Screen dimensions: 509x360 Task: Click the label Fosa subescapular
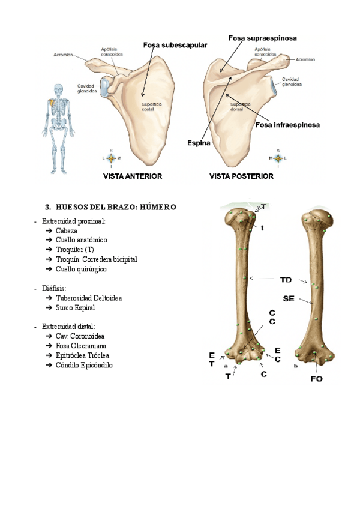coord(175,44)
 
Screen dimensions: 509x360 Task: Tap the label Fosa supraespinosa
coord(262,37)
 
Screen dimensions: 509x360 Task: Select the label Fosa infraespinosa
coord(287,125)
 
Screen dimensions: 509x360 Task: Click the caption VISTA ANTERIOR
coord(133,176)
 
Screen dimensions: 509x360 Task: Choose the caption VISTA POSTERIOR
coord(241,176)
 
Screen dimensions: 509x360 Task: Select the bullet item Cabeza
coord(66,230)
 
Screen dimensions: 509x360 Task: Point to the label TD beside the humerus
coord(286,279)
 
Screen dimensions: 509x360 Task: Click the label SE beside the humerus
coord(289,298)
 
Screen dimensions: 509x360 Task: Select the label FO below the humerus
coord(316,379)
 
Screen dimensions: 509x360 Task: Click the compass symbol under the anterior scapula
coord(111,158)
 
